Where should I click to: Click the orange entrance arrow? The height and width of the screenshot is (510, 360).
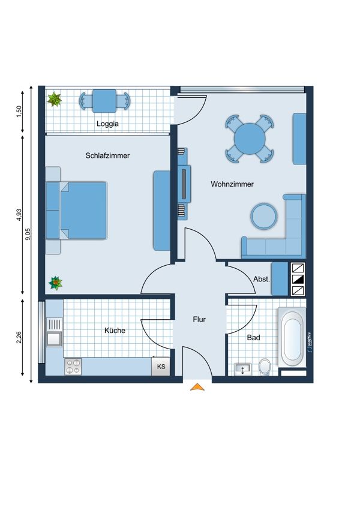[x=197, y=387]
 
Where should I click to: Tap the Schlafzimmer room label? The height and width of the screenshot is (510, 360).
[x=107, y=155]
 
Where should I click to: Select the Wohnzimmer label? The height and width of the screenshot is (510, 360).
[x=232, y=184]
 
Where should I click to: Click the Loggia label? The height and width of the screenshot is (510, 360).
[x=107, y=124]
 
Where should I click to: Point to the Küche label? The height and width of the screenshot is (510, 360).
[x=115, y=331]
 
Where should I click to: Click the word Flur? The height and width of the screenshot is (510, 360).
[x=199, y=319]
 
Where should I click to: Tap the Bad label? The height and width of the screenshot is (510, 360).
[x=253, y=338]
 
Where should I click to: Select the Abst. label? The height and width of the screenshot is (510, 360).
[x=262, y=279]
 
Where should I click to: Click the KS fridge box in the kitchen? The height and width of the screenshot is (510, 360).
[x=161, y=366]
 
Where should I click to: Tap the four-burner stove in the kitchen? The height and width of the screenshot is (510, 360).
[x=73, y=367]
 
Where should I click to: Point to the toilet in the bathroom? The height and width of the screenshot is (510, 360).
[x=265, y=367]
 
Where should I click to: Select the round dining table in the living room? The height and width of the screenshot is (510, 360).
[x=250, y=139]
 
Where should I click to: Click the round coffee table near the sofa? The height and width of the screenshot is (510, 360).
[x=264, y=216]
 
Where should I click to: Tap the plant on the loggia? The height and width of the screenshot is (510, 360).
[x=55, y=100]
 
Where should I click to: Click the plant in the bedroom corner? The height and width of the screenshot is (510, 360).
[x=56, y=283]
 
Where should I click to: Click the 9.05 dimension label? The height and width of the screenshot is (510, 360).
[x=28, y=234]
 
